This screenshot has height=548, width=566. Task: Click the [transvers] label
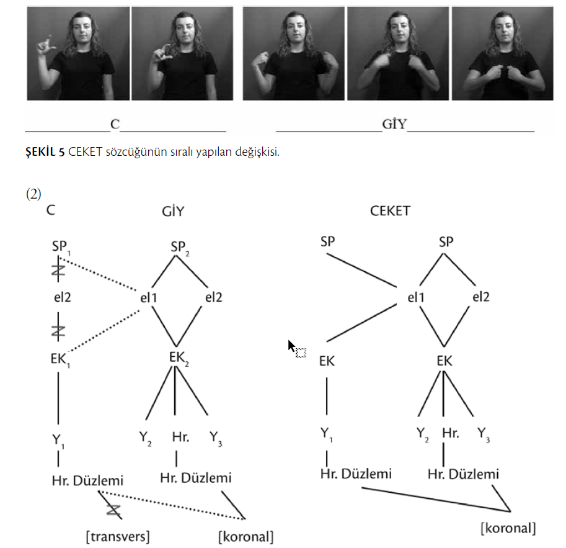click(118, 535)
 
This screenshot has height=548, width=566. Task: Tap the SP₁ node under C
click(60, 247)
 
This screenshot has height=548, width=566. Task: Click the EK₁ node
click(59, 360)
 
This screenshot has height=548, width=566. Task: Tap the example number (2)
click(33, 194)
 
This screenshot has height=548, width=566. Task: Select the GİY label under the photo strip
click(394, 124)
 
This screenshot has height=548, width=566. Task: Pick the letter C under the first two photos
click(115, 124)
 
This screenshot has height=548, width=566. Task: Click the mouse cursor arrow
click(291, 346)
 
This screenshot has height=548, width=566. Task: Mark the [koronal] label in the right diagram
click(508, 528)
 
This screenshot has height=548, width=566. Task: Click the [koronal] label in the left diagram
click(245, 535)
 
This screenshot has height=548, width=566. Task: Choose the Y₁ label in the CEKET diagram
click(327, 433)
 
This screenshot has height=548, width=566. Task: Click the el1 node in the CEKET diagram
click(415, 297)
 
